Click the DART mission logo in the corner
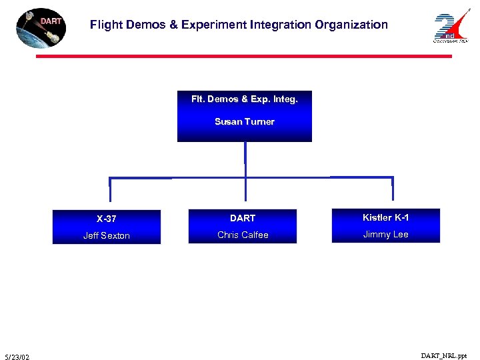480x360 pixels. (41, 28)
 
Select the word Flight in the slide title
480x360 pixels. (106, 25)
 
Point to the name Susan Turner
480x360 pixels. (244, 121)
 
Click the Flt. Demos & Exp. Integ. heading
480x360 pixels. (244, 99)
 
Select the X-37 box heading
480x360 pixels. (106, 219)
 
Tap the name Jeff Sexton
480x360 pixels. (106, 235)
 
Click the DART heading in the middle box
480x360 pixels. (243, 218)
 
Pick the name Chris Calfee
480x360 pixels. (243, 235)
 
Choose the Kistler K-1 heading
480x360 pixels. (385, 217)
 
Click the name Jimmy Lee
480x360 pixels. (385, 234)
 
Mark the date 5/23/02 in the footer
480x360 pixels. (16, 357)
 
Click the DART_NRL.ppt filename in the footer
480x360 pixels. (444, 356)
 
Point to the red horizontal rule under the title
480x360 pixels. (243, 56)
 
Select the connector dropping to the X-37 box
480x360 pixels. (110, 189)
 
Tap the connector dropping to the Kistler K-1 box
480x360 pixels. (393, 189)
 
